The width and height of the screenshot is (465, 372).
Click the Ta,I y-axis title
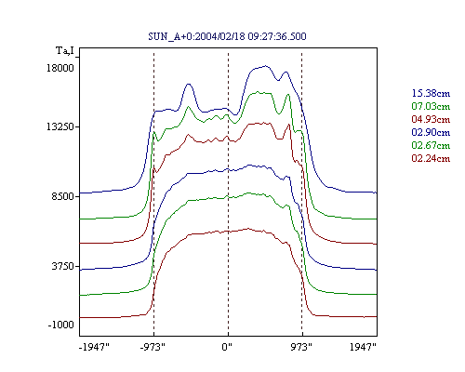(65, 50)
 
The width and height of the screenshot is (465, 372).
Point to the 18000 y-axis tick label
(60, 68)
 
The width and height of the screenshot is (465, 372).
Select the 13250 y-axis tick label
(60, 126)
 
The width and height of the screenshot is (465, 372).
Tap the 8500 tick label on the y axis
(62, 196)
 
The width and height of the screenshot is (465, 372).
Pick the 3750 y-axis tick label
(62, 266)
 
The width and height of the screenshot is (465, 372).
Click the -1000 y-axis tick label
(60, 325)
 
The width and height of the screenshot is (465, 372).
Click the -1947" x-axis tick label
(94, 347)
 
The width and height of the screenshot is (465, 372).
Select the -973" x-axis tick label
(153, 347)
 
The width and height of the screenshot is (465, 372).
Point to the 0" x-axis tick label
(227, 347)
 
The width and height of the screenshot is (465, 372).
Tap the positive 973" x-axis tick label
(301, 347)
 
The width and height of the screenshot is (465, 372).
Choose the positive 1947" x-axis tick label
(363, 347)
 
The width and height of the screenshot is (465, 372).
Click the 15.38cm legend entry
(431, 93)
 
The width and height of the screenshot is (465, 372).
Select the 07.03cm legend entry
(431, 106)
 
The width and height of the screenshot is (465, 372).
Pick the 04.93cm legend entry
(431, 119)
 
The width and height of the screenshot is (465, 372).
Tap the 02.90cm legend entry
(431, 132)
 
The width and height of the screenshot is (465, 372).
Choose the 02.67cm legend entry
(431, 145)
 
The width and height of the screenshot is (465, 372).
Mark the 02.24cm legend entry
(431, 158)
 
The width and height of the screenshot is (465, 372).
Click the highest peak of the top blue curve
(266, 66)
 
